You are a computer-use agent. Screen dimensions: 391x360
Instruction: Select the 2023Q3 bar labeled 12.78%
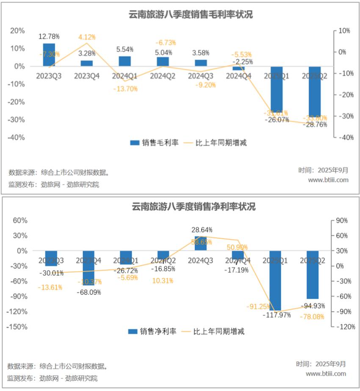click(49, 55)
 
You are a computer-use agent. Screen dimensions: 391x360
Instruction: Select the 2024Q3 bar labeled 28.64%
click(201, 243)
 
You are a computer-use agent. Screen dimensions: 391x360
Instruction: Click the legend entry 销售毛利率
click(155, 143)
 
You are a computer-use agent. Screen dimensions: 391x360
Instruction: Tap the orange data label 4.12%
click(87, 37)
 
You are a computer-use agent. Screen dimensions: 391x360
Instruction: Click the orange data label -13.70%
click(125, 89)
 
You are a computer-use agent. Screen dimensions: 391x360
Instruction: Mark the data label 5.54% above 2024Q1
click(125, 49)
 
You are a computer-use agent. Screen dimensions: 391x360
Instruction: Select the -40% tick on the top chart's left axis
click(17, 137)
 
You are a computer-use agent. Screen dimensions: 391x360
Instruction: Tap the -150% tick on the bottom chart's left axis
click(15, 327)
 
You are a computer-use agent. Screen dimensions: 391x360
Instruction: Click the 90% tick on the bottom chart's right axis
click(342, 220)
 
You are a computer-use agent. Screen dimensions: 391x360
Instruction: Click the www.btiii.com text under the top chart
click(328, 180)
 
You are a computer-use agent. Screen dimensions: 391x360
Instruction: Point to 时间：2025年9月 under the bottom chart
click(321, 364)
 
